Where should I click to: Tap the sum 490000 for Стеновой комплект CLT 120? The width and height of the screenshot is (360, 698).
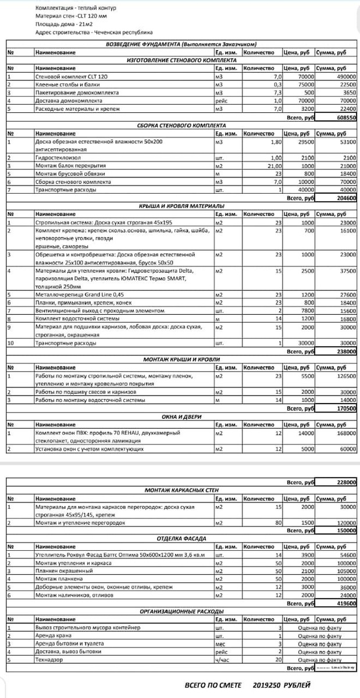[x=345, y=77]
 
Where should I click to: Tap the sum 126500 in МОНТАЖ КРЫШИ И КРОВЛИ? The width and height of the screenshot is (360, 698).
[x=345, y=376]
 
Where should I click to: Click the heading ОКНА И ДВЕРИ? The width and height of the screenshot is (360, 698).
[x=181, y=417]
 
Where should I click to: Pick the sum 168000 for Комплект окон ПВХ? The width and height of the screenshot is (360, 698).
[x=345, y=433]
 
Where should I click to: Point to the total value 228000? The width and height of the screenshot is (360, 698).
[x=347, y=482]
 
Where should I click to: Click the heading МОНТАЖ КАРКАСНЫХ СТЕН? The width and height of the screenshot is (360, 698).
[x=181, y=490]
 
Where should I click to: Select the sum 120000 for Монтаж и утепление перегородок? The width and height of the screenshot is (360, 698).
[x=345, y=523]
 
